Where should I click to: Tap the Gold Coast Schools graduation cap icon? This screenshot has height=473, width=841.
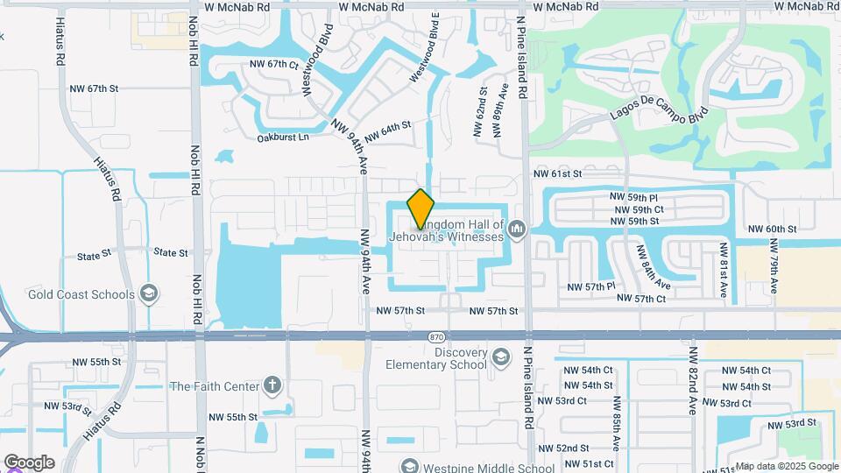pos(149,294)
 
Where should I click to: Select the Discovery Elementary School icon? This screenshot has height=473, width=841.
pos(500,357)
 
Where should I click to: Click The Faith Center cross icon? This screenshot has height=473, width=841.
pos(272,385)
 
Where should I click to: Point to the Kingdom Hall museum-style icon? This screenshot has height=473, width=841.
pos(518,229)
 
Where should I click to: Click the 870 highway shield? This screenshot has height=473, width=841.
pos(436,336)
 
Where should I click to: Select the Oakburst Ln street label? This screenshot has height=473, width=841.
pos(283,138)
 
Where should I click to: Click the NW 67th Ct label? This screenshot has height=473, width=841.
pos(274,64)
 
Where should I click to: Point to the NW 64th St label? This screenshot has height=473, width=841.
pos(387,131)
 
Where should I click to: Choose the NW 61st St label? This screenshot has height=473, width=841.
pos(558,174)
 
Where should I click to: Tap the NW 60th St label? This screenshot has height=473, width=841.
pos(772,229)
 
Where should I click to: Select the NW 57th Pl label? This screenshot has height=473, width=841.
pos(591,286)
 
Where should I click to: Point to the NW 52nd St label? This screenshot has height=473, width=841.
pos(588,448)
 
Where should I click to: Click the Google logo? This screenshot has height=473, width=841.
pos(29,462)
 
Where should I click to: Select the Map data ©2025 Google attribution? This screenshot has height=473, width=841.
pos(786,466)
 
